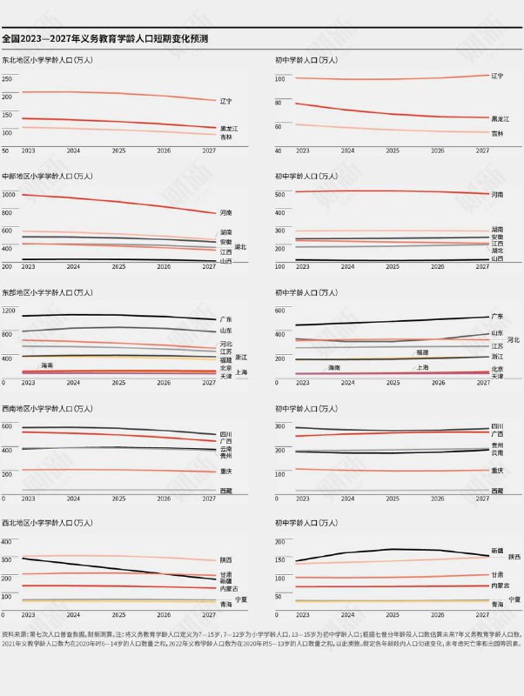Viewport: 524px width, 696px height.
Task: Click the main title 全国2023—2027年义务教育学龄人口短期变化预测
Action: (104, 39)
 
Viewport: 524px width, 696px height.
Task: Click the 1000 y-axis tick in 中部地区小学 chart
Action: (10, 194)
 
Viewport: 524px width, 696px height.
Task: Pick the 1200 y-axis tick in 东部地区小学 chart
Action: (10, 310)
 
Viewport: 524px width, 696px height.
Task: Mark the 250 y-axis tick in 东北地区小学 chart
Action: (8, 78)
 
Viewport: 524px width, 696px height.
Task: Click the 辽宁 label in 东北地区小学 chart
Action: (225, 101)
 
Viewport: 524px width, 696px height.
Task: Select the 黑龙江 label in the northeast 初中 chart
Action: (500, 117)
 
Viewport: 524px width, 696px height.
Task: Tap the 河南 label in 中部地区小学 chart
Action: (225, 212)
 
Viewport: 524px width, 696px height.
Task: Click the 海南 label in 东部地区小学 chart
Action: (47, 365)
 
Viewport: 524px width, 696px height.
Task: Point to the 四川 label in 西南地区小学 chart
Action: (225, 433)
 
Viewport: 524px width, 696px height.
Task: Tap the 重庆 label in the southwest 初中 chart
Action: (497, 471)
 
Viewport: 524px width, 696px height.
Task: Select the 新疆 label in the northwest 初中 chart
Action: (497, 551)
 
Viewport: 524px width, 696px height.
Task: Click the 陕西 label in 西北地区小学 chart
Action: (225, 559)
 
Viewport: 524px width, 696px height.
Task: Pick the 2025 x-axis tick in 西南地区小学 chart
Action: (118, 499)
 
